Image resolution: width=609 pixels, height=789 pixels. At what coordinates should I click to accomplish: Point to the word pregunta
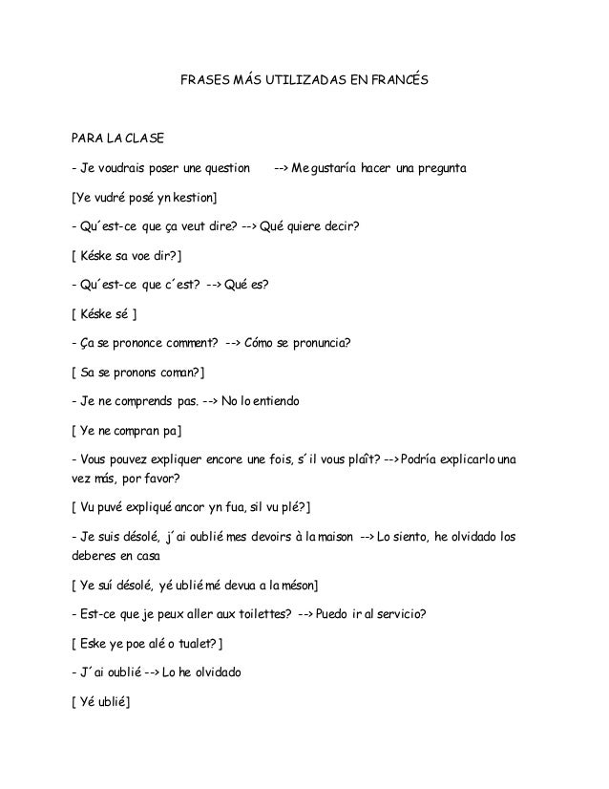437,169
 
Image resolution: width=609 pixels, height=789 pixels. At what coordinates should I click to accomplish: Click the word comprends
141,402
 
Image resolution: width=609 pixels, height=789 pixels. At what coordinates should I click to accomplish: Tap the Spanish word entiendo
276,402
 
